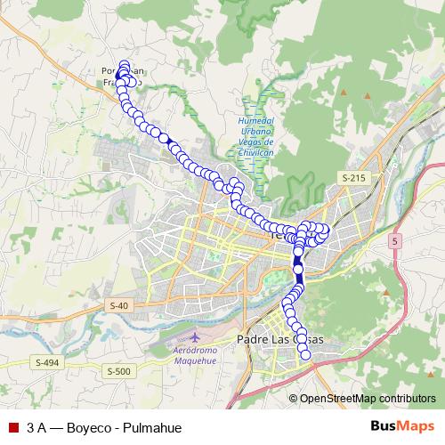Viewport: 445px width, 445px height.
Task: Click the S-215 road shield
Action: (x=353, y=179)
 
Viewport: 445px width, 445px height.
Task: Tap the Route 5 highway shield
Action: (x=395, y=240)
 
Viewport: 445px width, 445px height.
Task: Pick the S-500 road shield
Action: (x=117, y=371)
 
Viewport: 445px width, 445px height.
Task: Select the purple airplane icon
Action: (x=194, y=339)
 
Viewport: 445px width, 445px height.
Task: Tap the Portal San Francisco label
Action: (x=123, y=77)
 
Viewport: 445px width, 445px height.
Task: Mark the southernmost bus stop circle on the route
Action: (x=305, y=355)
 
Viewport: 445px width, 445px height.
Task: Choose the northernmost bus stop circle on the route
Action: (x=123, y=64)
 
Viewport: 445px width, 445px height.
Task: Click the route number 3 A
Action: (x=36, y=427)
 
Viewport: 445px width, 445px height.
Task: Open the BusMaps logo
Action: (x=402, y=426)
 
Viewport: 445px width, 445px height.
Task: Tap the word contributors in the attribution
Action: (x=406, y=398)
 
